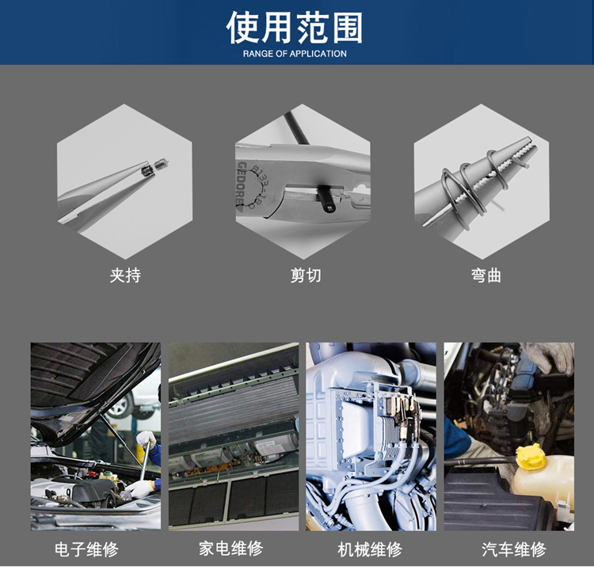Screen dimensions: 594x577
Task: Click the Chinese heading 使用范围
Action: [x=295, y=27]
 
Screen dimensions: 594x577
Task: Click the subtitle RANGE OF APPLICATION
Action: [x=295, y=54]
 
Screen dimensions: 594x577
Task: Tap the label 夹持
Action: [x=125, y=275]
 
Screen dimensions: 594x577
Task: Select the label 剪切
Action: [x=306, y=275]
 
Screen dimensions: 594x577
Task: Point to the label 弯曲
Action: [x=486, y=275]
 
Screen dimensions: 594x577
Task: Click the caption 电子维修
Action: [x=86, y=549]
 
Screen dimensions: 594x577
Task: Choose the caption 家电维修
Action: [x=230, y=549]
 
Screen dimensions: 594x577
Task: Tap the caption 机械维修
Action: [x=370, y=549]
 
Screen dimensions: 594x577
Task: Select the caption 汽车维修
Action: [x=514, y=549]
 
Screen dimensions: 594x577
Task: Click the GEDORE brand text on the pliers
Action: [x=241, y=185]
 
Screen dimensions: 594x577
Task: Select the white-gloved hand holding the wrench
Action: [x=146, y=440]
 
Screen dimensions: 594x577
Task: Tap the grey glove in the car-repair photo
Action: [x=553, y=357]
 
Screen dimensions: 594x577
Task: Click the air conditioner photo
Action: [x=234, y=437]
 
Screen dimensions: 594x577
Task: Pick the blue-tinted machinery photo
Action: [x=371, y=437]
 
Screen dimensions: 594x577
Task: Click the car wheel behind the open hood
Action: [x=120, y=405]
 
